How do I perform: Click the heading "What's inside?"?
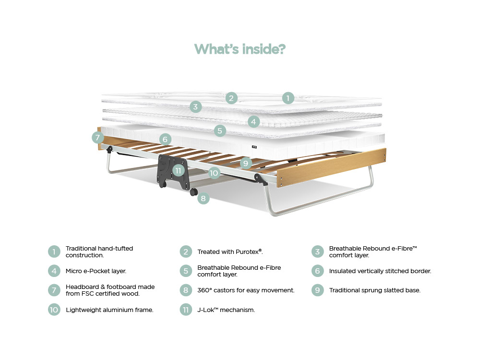click(240, 49)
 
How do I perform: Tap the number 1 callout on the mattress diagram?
click(288, 98)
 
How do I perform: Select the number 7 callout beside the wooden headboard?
click(98, 138)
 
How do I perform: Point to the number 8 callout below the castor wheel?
click(204, 198)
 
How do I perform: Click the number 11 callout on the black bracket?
click(179, 170)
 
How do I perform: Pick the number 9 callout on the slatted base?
click(246, 163)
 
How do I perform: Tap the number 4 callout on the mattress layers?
click(254, 122)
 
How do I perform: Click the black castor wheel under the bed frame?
click(194, 192)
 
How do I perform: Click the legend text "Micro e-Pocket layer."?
click(96, 271)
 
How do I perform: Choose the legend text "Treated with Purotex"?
click(230, 252)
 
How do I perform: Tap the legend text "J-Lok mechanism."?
click(226, 310)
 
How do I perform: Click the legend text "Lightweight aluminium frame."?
click(109, 310)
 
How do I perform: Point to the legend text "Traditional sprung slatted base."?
click(374, 290)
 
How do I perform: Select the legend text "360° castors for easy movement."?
click(246, 290)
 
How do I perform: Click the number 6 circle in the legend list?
click(317, 271)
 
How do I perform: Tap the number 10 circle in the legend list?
click(54, 310)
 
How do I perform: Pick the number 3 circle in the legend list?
click(317, 252)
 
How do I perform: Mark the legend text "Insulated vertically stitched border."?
click(380, 271)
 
